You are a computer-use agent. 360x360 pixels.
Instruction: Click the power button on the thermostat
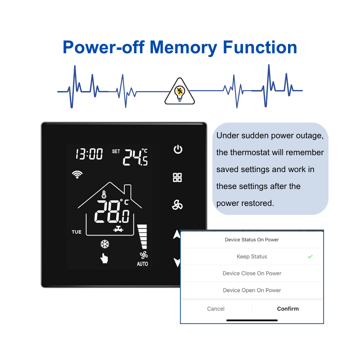[178, 149]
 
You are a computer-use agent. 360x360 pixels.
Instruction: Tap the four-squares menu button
[177, 177]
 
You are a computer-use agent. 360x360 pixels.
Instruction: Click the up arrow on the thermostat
[177, 235]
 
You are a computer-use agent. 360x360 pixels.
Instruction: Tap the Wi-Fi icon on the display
[78, 174]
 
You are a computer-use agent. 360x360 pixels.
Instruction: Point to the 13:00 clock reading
[89, 154]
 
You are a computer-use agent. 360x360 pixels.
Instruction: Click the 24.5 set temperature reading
[135, 157]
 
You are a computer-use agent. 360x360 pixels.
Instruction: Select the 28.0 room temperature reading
[112, 212]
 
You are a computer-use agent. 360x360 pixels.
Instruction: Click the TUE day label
[76, 232]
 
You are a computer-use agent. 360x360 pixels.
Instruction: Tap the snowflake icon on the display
[105, 244]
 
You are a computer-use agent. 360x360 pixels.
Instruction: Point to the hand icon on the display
[104, 258]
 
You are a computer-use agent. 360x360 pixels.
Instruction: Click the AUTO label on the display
[142, 264]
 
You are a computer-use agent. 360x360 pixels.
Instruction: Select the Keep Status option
[252, 256]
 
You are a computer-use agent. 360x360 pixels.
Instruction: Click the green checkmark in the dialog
[310, 256]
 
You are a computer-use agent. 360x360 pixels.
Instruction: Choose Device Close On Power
[252, 273]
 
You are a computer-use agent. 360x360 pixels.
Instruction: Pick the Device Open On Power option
[252, 290]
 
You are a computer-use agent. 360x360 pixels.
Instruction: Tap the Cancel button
[216, 309]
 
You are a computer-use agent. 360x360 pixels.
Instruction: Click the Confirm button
[288, 309]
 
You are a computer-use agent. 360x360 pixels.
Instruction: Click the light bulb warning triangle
[180, 92]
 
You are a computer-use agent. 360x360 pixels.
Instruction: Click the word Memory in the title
[183, 48]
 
